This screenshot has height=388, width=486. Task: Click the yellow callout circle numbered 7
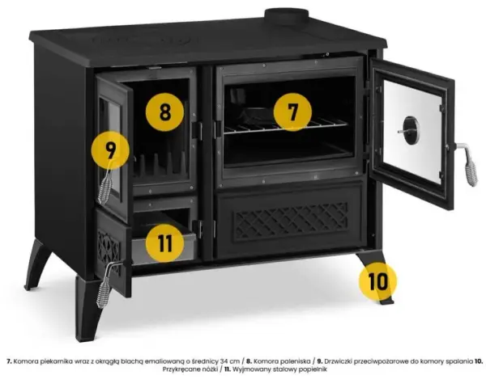click(x=292, y=112)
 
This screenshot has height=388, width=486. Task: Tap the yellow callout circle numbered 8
click(x=165, y=112)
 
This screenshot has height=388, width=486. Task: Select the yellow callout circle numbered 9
click(x=110, y=150)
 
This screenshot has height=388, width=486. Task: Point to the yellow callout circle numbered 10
click(x=377, y=281)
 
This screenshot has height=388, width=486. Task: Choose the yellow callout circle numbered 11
click(x=165, y=243)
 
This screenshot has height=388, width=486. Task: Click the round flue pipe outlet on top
click(x=286, y=16)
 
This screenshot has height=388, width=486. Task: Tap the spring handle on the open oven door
click(x=468, y=166)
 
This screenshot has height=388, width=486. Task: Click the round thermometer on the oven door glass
click(x=411, y=130)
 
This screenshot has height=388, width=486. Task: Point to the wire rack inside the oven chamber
click(x=286, y=126)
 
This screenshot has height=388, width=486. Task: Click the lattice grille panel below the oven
click(x=291, y=221)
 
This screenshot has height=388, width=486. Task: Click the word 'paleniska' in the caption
click(x=295, y=361)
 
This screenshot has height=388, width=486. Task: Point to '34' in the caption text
click(x=224, y=361)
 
